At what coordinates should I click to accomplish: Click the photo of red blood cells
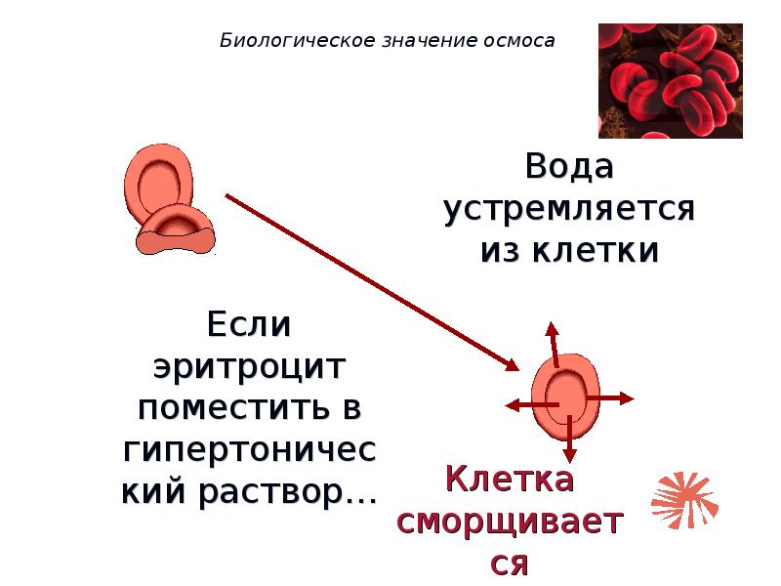(670, 81)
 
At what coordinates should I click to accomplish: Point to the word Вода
(569, 167)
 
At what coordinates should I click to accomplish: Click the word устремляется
(569, 209)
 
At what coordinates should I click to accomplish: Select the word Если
(249, 323)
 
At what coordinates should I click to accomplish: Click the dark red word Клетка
(509, 480)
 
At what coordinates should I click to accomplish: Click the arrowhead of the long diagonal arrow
(512, 365)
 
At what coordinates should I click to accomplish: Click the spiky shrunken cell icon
(684, 498)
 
